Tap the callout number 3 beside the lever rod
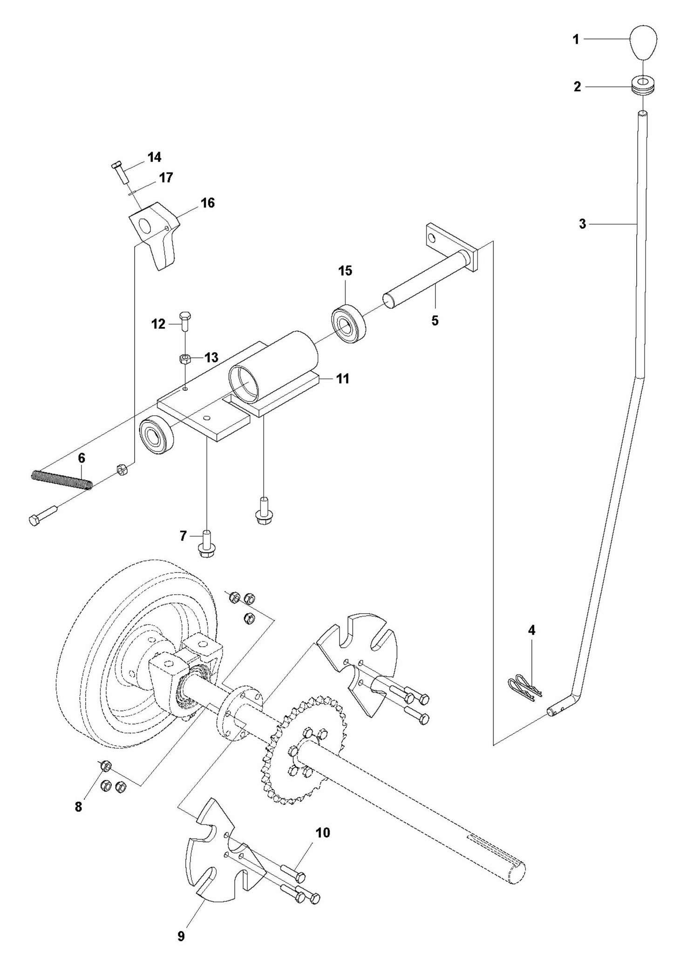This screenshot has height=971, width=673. (582, 224)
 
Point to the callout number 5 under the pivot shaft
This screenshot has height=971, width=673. (435, 321)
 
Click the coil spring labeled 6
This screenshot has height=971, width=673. (62, 480)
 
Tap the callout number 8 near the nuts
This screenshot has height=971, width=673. (78, 807)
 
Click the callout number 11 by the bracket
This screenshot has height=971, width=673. (343, 379)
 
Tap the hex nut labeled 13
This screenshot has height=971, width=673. (185, 358)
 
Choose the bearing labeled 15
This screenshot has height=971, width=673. (348, 323)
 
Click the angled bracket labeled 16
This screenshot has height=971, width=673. (156, 233)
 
